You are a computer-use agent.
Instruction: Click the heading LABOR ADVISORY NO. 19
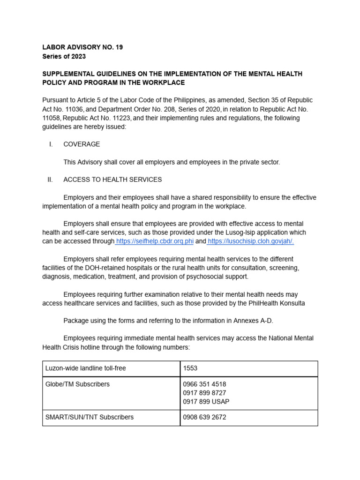tap(82, 47)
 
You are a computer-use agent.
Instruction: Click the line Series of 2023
tap(64, 56)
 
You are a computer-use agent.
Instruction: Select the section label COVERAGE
tap(82, 144)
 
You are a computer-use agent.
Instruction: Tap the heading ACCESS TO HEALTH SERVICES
tap(112, 180)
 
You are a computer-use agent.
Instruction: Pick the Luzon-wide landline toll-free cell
tap(85, 368)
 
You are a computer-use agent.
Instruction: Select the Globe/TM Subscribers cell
tap(77, 384)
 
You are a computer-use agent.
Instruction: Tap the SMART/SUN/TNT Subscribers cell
tap(89, 417)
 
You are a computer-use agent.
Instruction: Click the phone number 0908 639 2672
tap(204, 417)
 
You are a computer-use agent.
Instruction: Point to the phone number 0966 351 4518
tap(204, 384)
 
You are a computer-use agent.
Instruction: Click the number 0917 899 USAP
tap(206, 402)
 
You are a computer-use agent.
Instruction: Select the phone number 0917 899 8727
tap(204, 393)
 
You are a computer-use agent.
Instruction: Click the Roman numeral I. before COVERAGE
tap(51, 144)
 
